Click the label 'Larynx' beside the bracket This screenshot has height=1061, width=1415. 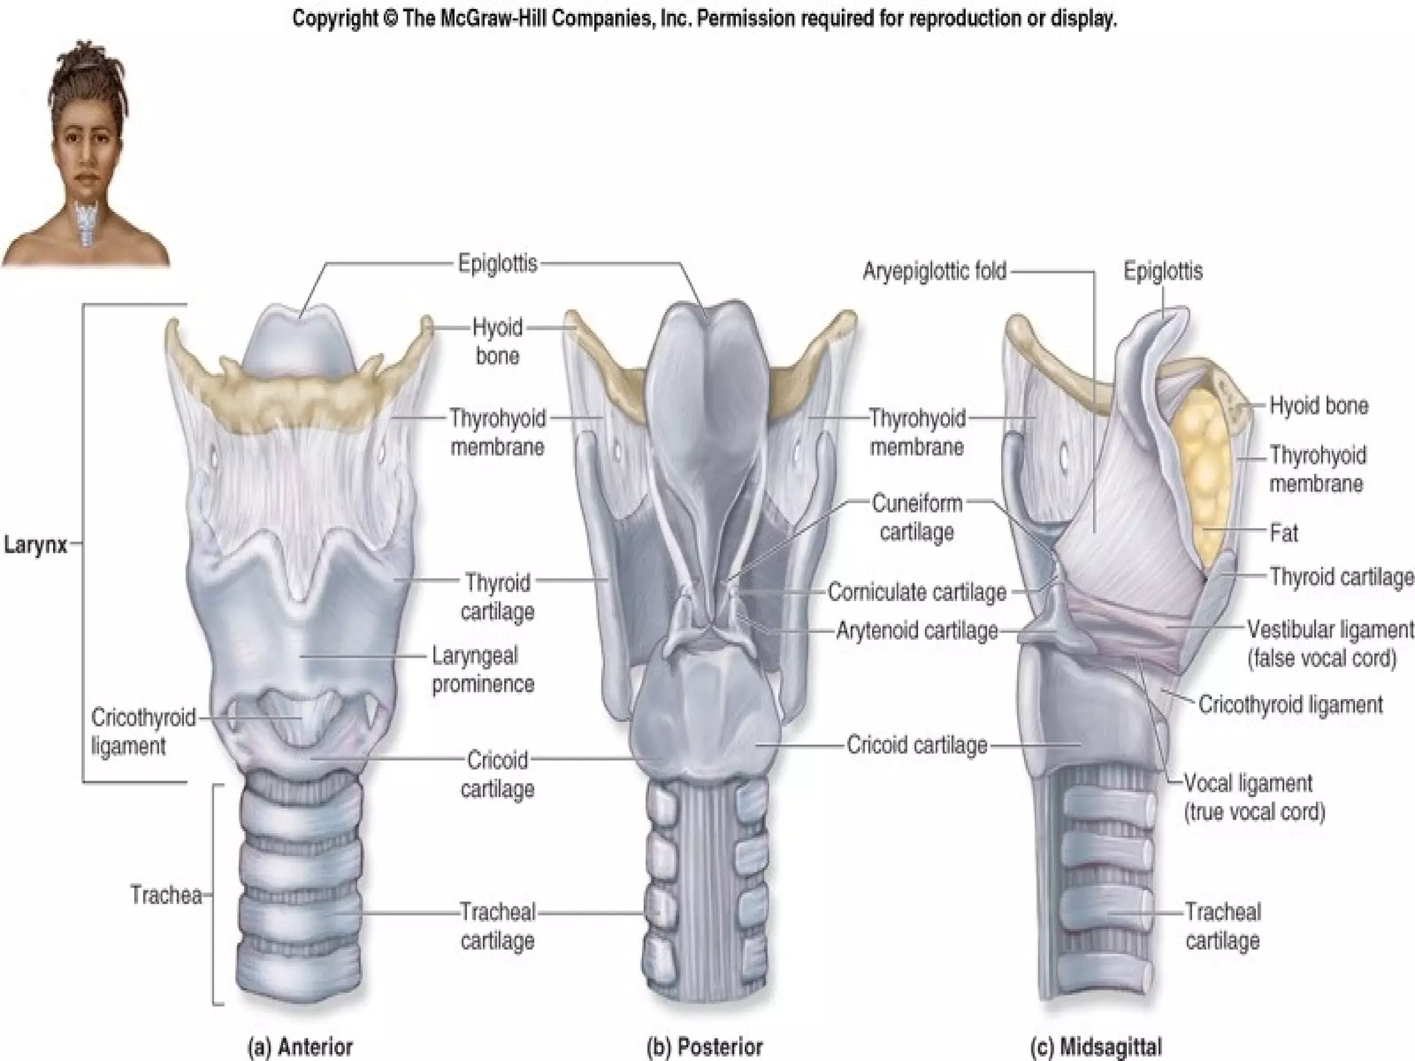click(x=36, y=545)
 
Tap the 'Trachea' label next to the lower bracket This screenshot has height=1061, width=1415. click(x=166, y=895)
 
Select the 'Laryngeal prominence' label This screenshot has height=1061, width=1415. click(x=483, y=669)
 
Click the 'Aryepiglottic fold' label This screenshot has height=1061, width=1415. click(x=934, y=271)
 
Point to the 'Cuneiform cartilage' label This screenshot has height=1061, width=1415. click(x=917, y=517)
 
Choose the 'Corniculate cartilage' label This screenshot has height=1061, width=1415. click(x=917, y=592)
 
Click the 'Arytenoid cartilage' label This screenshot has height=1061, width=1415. click(x=917, y=631)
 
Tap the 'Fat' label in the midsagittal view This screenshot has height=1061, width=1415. click(x=1284, y=533)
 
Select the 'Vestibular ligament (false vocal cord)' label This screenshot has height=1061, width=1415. click(x=1329, y=644)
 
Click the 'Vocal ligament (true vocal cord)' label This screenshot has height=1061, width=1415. click(x=1253, y=797)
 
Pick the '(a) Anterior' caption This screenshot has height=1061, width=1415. click(x=300, y=1046)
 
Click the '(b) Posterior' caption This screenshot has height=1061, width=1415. click(x=704, y=1046)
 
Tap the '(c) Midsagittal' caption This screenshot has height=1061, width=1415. click(x=1096, y=1046)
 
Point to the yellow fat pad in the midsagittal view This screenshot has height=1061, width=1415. click(x=1202, y=470)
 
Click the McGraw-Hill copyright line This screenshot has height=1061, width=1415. click(x=705, y=19)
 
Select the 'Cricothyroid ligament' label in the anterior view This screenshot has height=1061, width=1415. click(x=143, y=732)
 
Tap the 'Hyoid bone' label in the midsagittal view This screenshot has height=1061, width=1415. click(x=1319, y=405)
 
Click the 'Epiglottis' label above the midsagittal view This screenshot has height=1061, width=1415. click(x=1163, y=271)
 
